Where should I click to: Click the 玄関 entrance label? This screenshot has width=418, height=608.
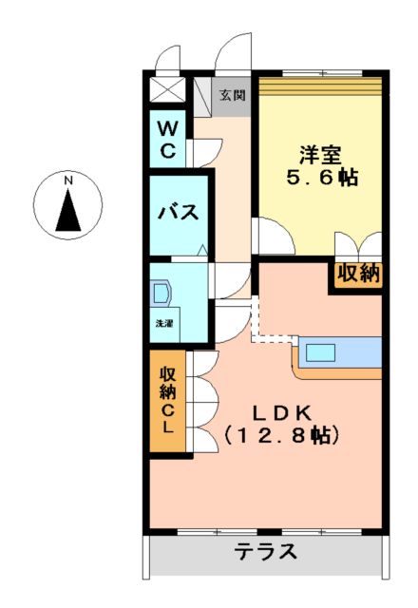(233, 95)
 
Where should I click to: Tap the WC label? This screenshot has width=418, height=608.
(167, 138)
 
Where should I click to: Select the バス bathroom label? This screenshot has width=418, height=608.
(178, 212)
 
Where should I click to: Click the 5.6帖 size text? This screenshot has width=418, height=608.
(322, 178)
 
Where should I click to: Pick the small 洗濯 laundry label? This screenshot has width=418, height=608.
(164, 324)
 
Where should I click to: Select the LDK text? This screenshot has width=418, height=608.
(282, 412)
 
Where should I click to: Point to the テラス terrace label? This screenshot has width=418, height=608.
(266, 551)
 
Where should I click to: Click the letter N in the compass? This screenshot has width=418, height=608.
(67, 180)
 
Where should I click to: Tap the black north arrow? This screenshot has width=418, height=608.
(67, 211)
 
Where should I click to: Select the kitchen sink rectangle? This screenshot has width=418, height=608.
(319, 353)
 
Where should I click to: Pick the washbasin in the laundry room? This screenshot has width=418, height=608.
(161, 292)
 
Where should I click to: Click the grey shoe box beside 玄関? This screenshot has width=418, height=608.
(201, 95)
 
